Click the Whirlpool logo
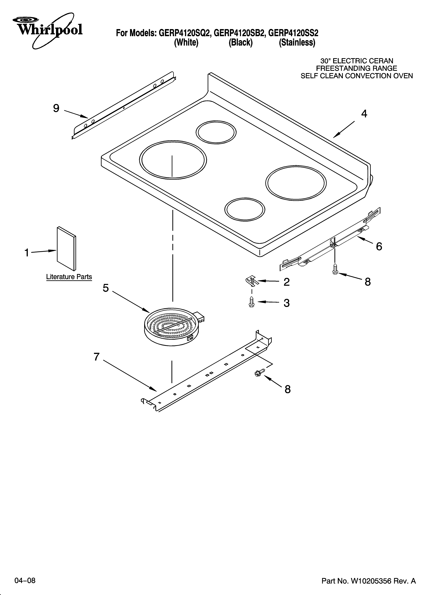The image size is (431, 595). click(49, 30)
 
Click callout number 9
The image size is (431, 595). click(56, 108)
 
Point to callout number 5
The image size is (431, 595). click(106, 288)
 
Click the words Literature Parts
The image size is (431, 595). click(69, 277)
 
